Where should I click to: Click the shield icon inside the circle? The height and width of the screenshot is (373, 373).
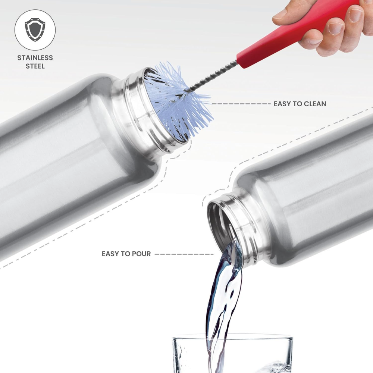click(x=35, y=30)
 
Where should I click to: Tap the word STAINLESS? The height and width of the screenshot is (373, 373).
click(x=35, y=58)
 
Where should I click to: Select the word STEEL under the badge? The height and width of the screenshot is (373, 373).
click(x=35, y=66)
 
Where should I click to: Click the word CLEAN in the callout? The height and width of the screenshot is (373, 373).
click(x=315, y=104)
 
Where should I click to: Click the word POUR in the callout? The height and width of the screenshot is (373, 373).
click(x=141, y=254)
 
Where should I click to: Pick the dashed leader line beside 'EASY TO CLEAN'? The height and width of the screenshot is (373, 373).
click(x=241, y=104)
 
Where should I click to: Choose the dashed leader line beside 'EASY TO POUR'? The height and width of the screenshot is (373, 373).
click(x=184, y=254)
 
